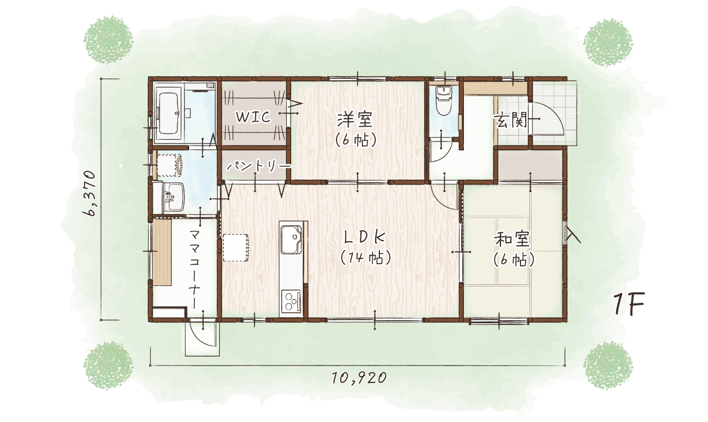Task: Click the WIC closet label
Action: coord(254,117)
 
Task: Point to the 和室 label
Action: coord(512,239)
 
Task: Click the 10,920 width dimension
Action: coord(359,378)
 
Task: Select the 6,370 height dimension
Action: coord(89,194)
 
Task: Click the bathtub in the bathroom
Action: coord(169,114)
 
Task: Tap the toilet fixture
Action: coord(444,101)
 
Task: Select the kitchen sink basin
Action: coord(291,239)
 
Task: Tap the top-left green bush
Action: coord(108,40)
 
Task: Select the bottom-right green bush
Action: coord(608,366)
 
